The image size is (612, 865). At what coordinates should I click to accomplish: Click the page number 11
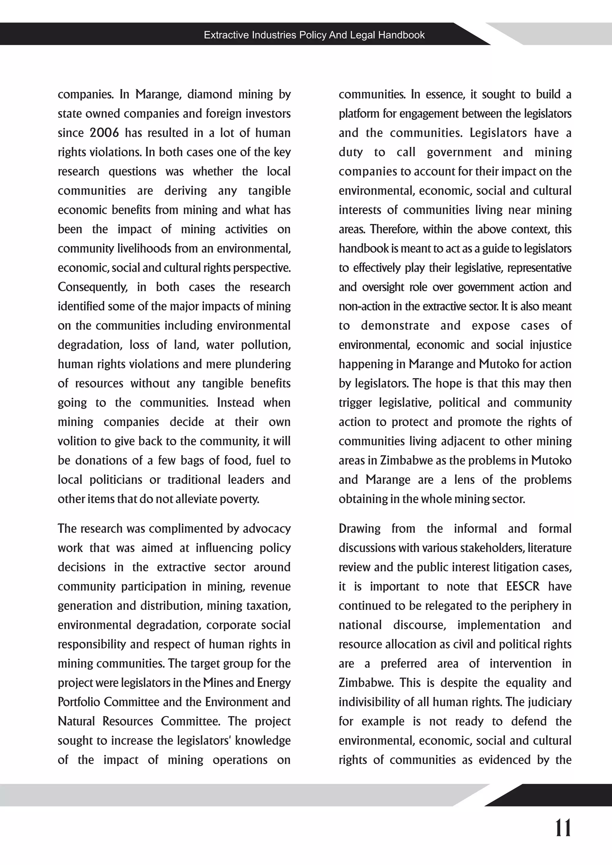pos(563,828)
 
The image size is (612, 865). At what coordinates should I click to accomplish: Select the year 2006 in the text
pos(104,133)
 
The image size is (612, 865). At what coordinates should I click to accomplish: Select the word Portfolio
pos(79,702)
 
